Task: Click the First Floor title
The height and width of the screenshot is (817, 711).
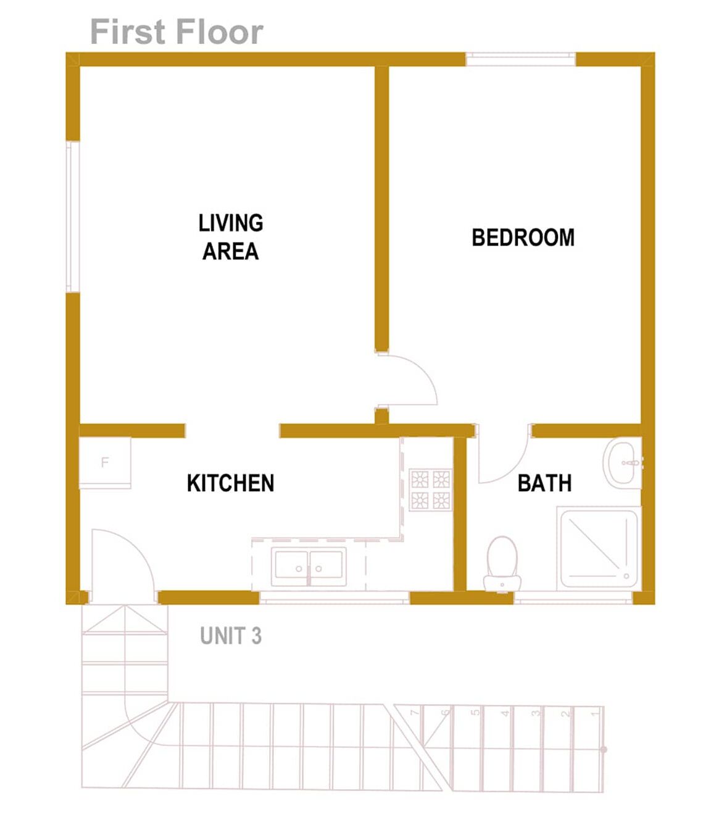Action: (177, 32)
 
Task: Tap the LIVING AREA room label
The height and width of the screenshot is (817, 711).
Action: (230, 237)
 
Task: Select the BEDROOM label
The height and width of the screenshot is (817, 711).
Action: (523, 238)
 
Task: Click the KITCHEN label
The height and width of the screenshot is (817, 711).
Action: (230, 483)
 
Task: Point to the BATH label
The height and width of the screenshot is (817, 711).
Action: (544, 483)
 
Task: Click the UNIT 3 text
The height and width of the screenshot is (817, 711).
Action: (230, 636)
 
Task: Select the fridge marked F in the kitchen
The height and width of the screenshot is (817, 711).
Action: (105, 462)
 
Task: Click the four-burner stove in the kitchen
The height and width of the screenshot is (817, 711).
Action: (430, 489)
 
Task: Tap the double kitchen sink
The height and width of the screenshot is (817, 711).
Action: (309, 566)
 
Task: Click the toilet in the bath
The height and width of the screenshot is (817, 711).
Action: (502, 563)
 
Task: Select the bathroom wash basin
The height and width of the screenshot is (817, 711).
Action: (623, 463)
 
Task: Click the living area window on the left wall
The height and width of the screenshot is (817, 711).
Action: (72, 216)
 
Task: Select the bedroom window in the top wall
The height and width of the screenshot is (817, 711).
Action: (520, 59)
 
